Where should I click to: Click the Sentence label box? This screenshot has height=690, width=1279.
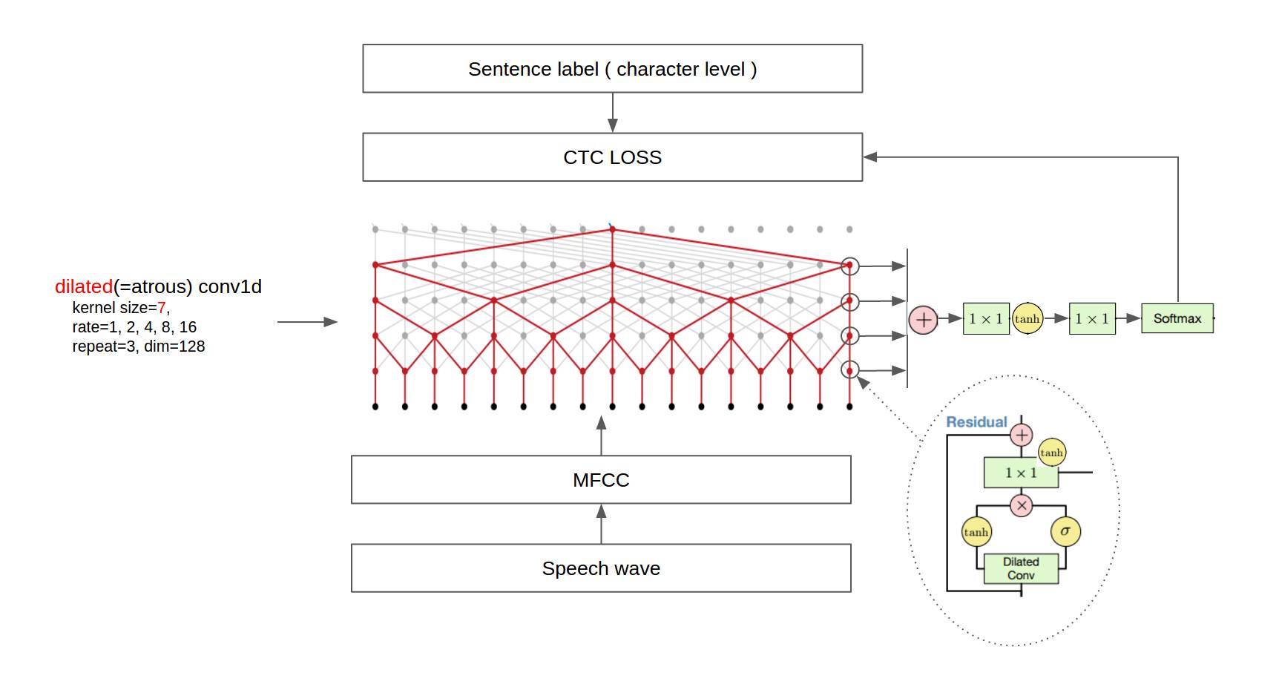point(612,68)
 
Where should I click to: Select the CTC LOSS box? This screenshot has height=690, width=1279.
point(612,157)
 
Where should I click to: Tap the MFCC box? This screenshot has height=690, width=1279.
point(601,480)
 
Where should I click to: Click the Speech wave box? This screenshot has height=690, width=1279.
point(601,568)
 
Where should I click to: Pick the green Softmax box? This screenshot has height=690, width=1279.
point(1177,318)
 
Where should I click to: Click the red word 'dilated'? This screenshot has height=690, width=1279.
point(84,286)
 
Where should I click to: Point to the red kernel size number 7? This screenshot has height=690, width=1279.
point(162,307)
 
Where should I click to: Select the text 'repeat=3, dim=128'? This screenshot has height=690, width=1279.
point(139,346)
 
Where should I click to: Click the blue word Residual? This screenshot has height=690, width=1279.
point(976,422)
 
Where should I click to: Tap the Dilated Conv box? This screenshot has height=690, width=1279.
point(1021,568)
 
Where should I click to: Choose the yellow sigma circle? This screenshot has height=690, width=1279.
point(1065,531)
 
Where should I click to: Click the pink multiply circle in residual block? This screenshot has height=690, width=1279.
point(1022,506)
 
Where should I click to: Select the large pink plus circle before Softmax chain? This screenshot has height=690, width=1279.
point(924,320)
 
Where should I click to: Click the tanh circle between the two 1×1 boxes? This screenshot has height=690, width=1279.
point(1028,318)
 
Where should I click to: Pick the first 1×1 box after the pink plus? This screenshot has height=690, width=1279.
point(986,318)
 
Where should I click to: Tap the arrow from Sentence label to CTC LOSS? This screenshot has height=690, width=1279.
point(613,113)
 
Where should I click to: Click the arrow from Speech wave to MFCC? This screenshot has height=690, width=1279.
point(601,524)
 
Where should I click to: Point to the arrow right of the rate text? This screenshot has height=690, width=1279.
point(307,322)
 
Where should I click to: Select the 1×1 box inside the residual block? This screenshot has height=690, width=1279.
point(1021,473)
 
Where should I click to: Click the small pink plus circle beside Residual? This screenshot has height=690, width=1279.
point(1022,435)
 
